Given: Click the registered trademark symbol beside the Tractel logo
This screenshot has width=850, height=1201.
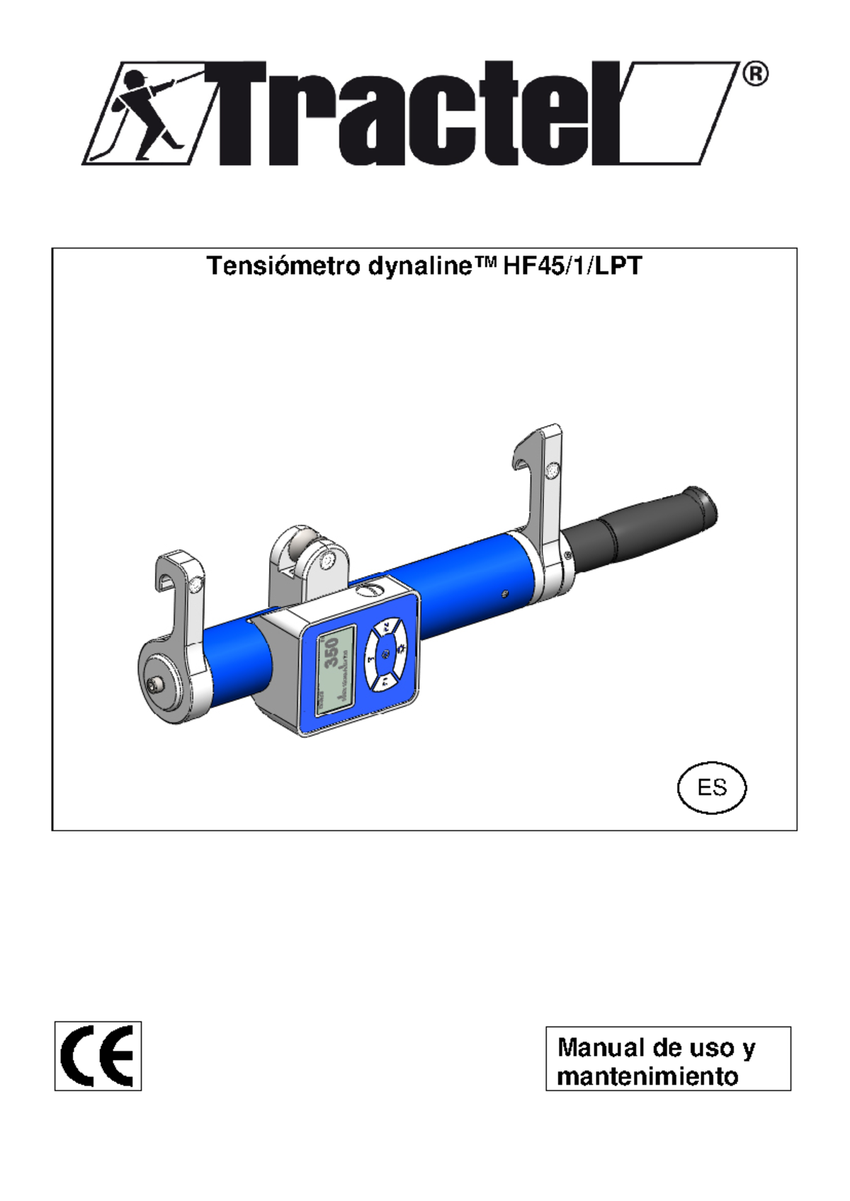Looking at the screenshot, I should click(x=755, y=74).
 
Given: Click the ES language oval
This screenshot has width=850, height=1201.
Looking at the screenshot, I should click(x=712, y=787).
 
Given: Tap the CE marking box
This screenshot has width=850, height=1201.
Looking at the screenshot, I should click(x=98, y=1056).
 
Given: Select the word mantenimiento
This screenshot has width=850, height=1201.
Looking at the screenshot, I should click(x=647, y=1076).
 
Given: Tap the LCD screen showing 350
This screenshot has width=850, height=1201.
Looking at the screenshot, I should click(x=336, y=668).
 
